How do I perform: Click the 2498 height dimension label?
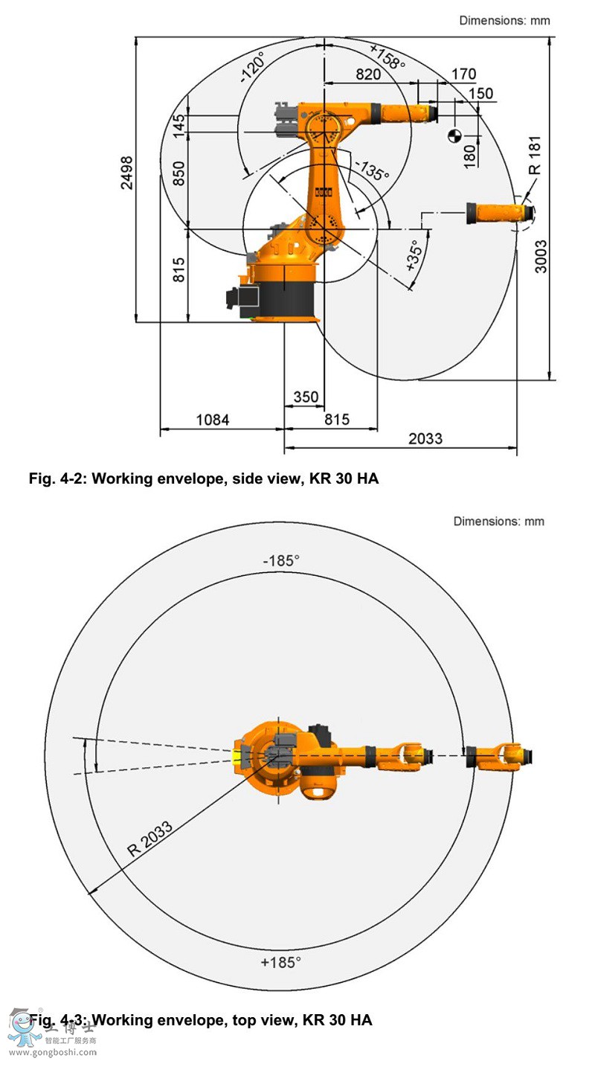128,173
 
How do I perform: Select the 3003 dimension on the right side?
542,256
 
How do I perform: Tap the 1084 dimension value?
212,420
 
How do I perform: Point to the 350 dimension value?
305,397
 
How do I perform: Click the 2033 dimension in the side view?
425,438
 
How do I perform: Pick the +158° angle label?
387,57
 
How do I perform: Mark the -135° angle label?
371,170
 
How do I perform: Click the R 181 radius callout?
535,156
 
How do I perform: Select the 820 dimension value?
368,74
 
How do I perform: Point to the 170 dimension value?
463,74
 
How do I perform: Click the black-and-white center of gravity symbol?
454,135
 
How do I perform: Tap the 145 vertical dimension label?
178,123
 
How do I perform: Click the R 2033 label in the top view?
149,839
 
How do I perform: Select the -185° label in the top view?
280,560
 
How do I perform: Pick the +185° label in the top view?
280,962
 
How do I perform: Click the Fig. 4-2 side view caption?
203,479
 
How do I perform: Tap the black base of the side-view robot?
287,298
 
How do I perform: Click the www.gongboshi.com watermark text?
52,1052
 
